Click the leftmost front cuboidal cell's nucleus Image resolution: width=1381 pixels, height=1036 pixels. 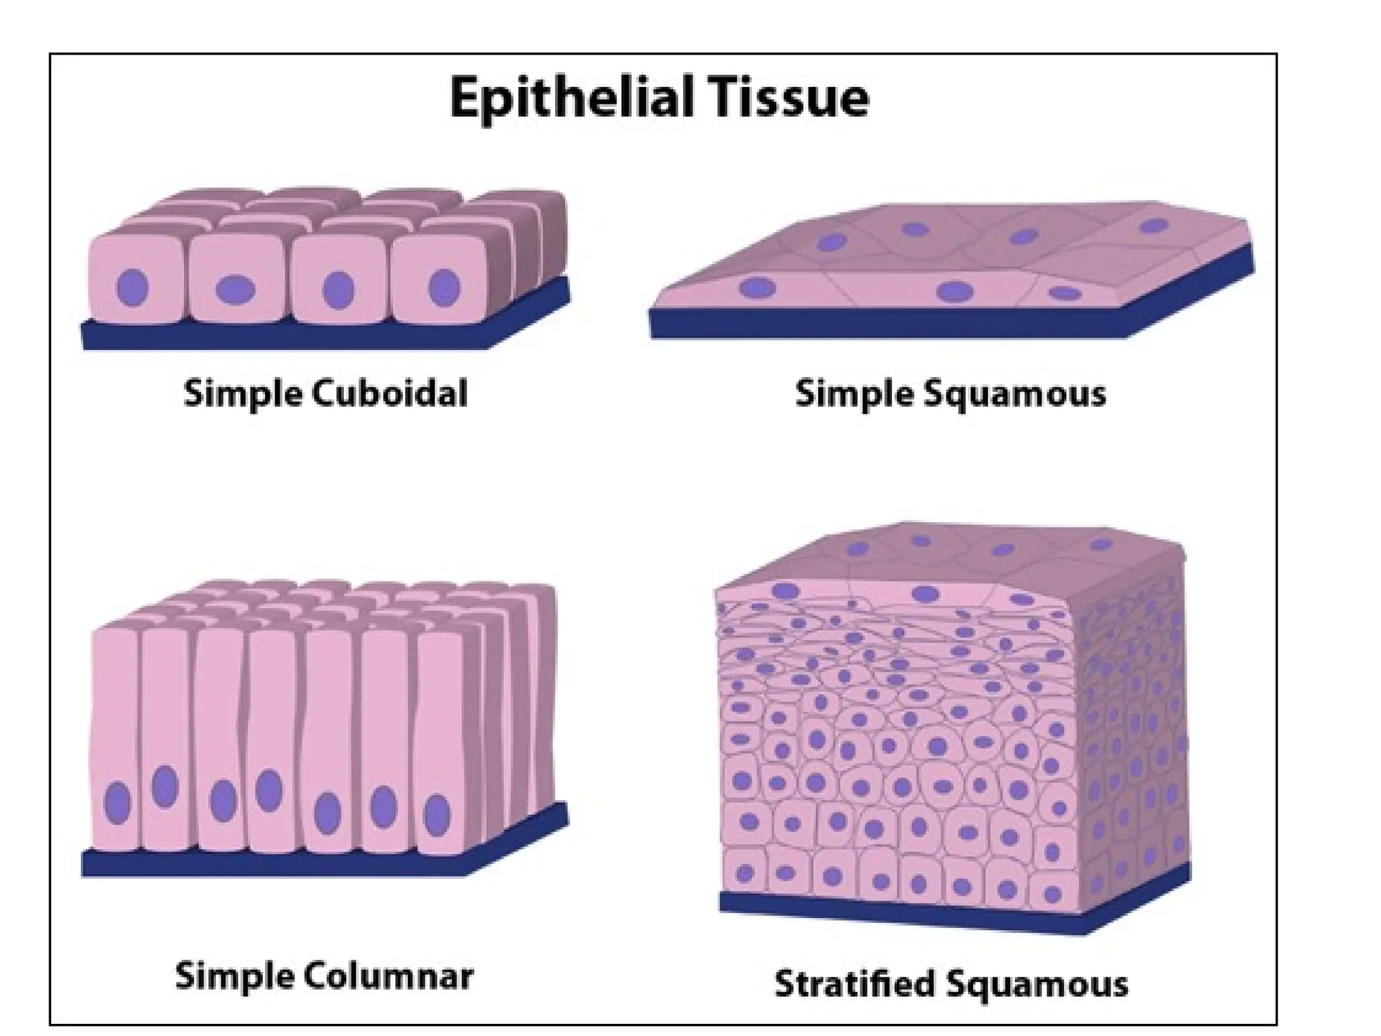tap(132, 288)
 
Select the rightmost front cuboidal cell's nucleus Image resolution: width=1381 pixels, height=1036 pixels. tap(444, 287)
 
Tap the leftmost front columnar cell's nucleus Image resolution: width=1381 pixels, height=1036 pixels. tap(117, 803)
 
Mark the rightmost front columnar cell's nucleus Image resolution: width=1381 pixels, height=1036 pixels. tap(437, 815)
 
